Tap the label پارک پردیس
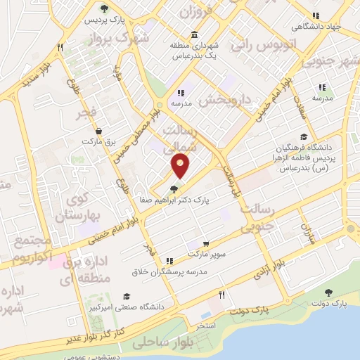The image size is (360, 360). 99,21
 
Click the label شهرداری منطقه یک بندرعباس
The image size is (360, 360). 194,50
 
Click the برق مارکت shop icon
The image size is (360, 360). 98,131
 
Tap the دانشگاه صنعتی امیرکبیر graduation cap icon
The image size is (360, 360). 127,296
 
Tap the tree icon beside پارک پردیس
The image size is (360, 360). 104,9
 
